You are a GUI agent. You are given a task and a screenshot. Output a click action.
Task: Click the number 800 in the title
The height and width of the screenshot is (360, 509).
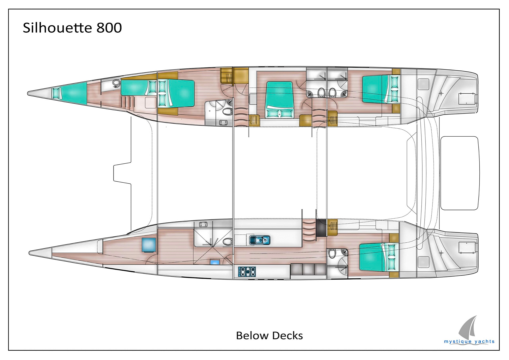coord(109,28)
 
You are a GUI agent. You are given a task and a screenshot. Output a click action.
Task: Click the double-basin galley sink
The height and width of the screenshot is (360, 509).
coord(260,240)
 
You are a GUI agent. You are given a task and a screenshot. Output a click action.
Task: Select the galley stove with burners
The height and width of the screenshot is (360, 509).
coord(247,272)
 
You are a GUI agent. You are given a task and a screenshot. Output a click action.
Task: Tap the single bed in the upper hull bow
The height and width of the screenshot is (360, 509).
coord(70,92)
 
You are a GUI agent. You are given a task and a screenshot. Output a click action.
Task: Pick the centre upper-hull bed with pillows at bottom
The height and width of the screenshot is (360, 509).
coord(279,99)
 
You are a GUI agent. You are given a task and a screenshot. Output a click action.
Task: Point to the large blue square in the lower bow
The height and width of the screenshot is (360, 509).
coord(149,245)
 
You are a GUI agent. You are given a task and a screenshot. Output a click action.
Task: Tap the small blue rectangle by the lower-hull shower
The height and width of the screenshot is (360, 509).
coord(215,262)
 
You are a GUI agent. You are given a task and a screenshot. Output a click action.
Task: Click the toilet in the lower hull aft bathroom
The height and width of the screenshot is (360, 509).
coord(332,253)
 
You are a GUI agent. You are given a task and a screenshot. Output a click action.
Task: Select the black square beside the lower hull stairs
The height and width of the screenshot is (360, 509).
coord(321,228)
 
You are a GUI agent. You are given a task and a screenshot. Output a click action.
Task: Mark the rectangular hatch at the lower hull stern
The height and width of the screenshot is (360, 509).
coord(467,248)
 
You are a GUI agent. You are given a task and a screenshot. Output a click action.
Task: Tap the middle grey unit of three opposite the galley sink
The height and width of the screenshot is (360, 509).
coord(308,269)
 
